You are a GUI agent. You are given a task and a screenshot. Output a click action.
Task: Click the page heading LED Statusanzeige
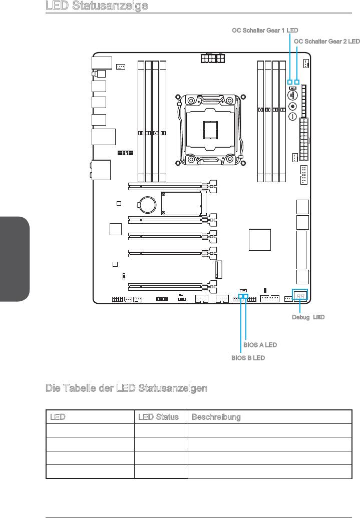pyautogui.click(x=97, y=6)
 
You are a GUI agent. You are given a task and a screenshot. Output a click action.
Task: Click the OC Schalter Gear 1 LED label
pyautogui.click(x=265, y=31)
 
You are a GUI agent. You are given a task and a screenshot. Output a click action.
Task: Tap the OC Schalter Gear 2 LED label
pyautogui.click(x=326, y=42)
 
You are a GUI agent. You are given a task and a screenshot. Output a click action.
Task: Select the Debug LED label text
pyautogui.click(x=308, y=317)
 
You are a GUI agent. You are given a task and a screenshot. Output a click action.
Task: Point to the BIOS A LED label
pyautogui.click(x=260, y=345)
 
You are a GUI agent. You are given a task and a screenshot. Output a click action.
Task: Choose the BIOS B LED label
pyautogui.click(x=248, y=358)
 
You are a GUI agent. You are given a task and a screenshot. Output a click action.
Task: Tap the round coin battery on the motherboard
pyautogui.click(x=147, y=205)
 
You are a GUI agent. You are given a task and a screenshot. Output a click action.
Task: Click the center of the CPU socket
pyautogui.click(x=210, y=130)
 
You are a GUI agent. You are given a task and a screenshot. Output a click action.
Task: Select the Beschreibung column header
pyautogui.click(x=216, y=417)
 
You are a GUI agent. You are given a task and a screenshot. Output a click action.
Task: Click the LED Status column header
pyautogui.click(x=158, y=417)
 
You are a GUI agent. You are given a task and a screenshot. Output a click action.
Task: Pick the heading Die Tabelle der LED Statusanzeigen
pyautogui.click(x=126, y=388)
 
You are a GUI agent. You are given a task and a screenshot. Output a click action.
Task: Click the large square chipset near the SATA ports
pyautogui.click(x=260, y=240)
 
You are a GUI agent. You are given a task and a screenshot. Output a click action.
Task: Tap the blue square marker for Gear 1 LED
pyautogui.click(x=290, y=82)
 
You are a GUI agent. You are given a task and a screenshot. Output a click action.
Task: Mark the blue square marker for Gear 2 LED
pyautogui.click(x=297, y=82)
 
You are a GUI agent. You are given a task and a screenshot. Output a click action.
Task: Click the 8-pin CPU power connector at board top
pyautogui.click(x=212, y=59)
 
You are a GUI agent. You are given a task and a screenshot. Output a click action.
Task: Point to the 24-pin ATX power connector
pyautogui.click(x=304, y=139)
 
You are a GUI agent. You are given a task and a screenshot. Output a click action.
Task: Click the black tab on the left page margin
pyautogui.click(x=15, y=259)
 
